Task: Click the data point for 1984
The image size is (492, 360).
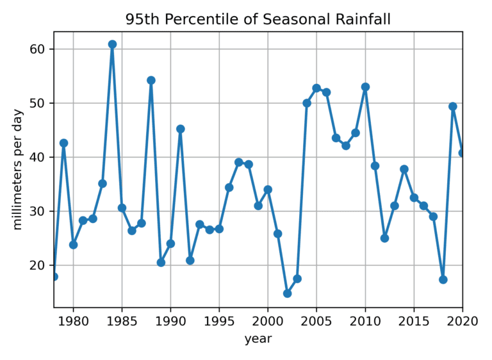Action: pyautogui.click(x=112, y=44)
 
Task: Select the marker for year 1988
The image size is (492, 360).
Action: pyautogui.click(x=151, y=80)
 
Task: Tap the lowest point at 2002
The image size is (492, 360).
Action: pyautogui.click(x=287, y=293)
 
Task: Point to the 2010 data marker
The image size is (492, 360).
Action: pyautogui.click(x=365, y=86)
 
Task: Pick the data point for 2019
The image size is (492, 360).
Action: pyautogui.click(x=453, y=106)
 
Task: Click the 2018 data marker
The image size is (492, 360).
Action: pyautogui.click(x=443, y=279)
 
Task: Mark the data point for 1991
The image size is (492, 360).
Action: pyautogui.click(x=180, y=129)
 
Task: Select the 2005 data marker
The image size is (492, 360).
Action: pyautogui.click(x=316, y=88)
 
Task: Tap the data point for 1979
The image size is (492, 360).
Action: pyautogui.click(x=63, y=143)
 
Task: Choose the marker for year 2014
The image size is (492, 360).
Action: pyautogui.click(x=404, y=169)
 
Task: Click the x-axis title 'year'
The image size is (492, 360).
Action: pyautogui.click(x=258, y=339)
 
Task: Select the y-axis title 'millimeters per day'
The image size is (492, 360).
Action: pyautogui.click(x=17, y=170)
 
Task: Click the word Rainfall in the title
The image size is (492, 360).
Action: pyautogui.click(x=362, y=19)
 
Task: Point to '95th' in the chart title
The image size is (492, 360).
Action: pyautogui.click(x=143, y=19)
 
